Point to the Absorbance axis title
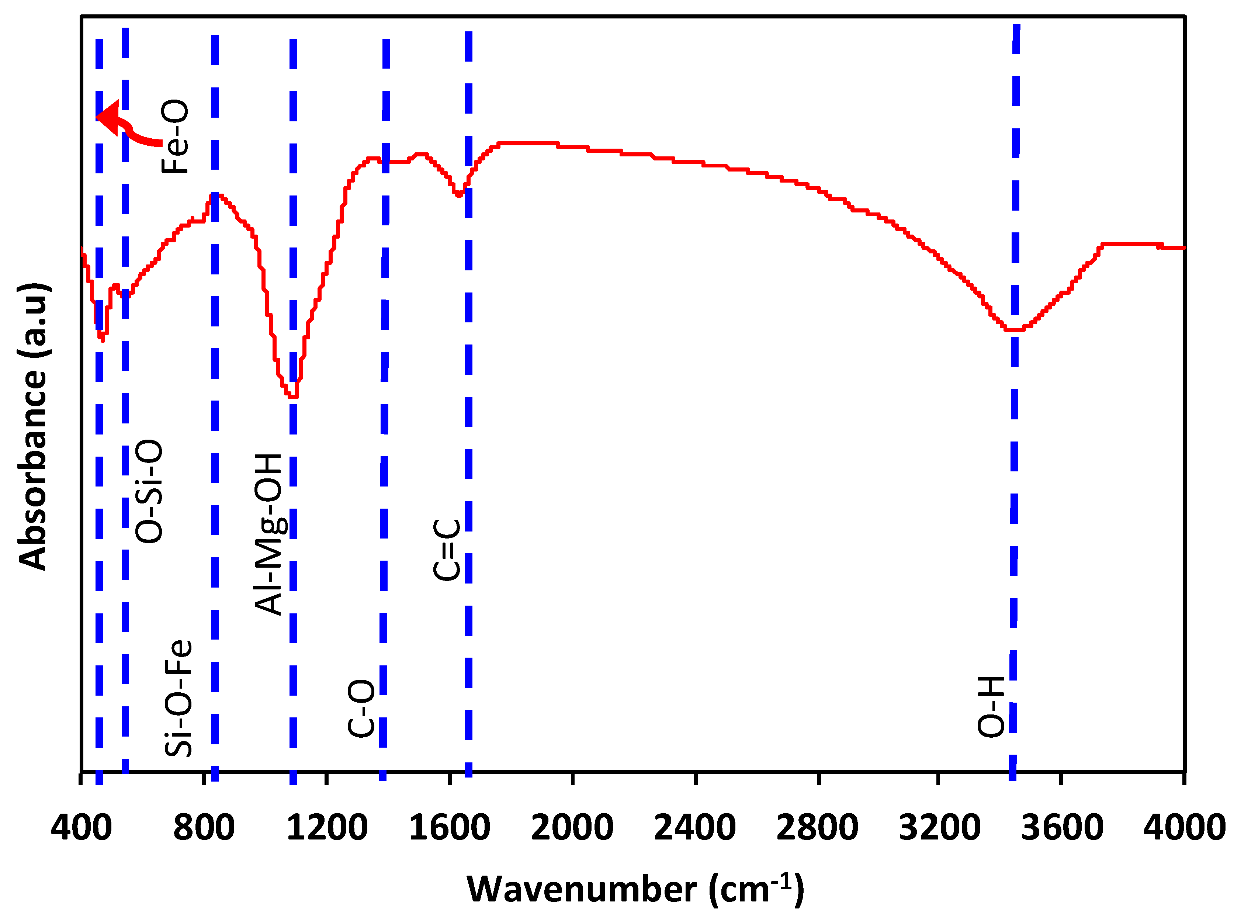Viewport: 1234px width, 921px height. (34, 426)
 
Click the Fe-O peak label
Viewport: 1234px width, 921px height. (174, 136)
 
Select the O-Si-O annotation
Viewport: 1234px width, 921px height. (149, 491)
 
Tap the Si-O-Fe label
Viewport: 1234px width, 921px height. (178, 698)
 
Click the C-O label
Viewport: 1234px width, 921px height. (361, 708)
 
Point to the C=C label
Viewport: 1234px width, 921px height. (447, 549)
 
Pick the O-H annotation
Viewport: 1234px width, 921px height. (992, 707)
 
